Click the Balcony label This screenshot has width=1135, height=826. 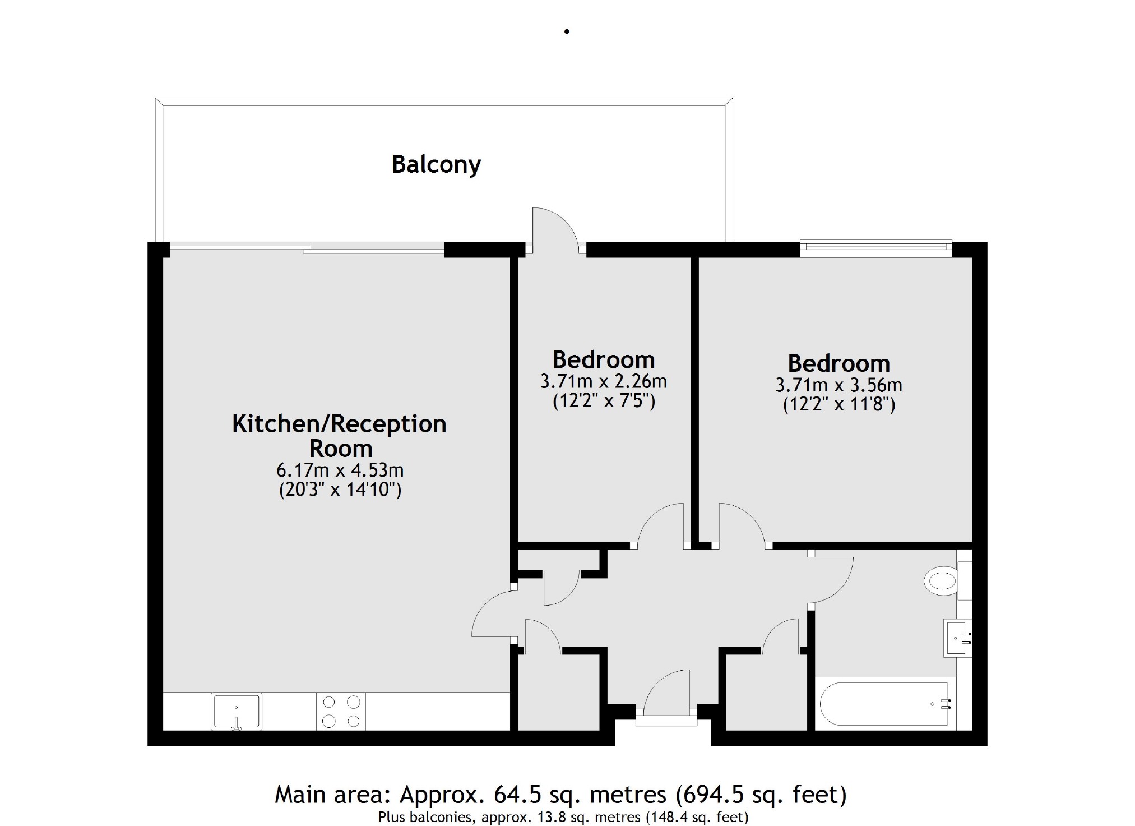[x=436, y=164]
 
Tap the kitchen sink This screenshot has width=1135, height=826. [x=236, y=712]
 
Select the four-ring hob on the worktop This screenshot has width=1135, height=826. [x=341, y=712]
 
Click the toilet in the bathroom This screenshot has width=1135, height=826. [x=941, y=581]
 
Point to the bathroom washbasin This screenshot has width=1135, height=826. [x=957, y=638]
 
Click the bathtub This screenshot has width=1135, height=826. [x=886, y=704]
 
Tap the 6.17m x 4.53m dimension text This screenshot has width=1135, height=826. [x=340, y=470]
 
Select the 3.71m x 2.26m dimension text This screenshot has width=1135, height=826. [x=603, y=382]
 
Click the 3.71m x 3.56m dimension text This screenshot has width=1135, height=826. [x=838, y=385]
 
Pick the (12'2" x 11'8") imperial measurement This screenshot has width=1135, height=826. [x=838, y=404]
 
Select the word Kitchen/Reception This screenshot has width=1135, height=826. [x=339, y=424]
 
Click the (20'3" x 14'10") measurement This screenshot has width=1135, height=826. [x=340, y=490]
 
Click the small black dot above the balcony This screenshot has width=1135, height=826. [x=567, y=32]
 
